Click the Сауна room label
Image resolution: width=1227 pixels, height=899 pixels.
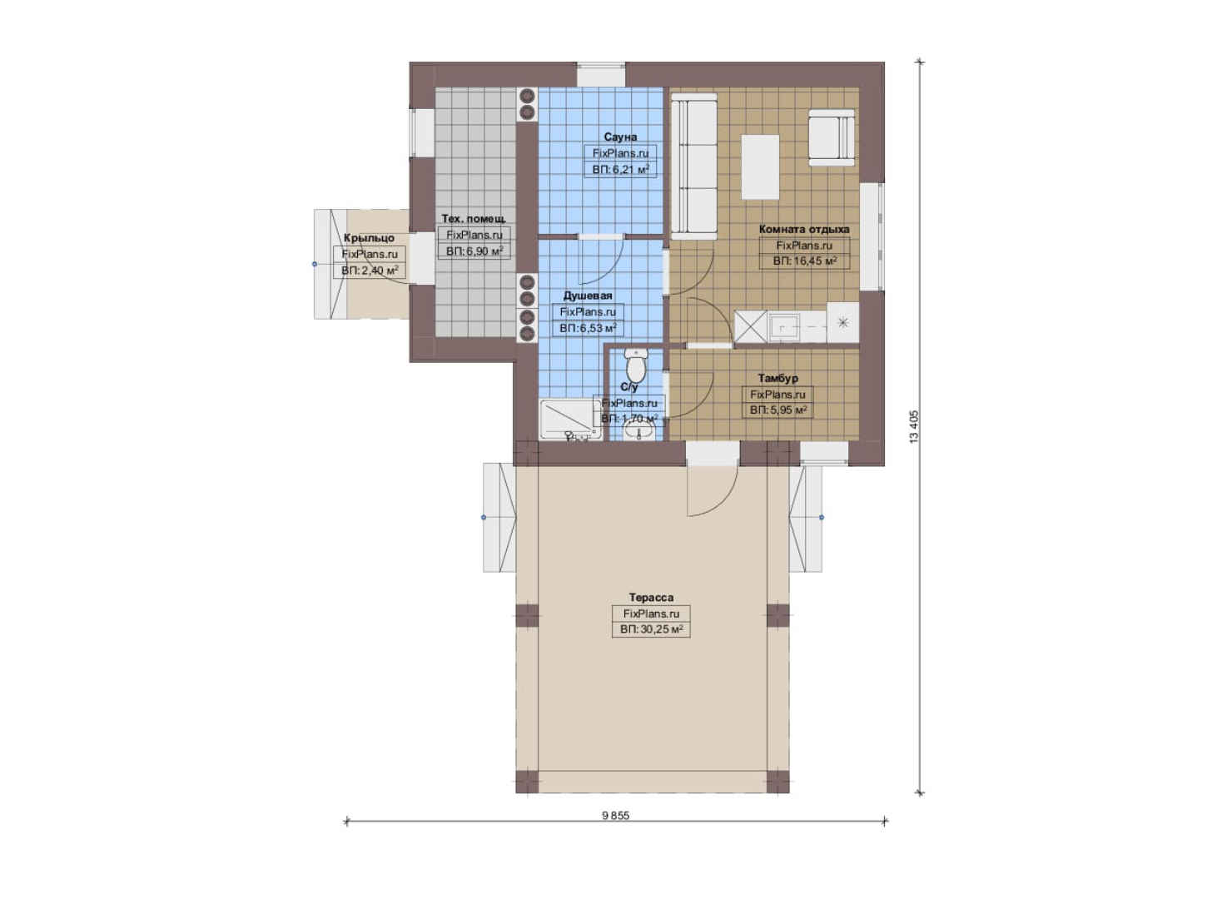click(x=620, y=137)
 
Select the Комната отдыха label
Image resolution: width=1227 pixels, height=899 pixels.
click(x=804, y=229)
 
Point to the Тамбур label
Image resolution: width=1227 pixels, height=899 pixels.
click(x=777, y=378)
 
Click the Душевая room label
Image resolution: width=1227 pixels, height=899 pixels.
click(x=588, y=296)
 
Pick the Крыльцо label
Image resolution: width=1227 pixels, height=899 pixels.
click(x=370, y=238)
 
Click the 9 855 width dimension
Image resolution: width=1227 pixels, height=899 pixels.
click(x=616, y=815)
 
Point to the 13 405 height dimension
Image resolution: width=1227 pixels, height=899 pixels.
click(x=914, y=427)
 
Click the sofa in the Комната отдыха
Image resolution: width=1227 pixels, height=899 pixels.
click(x=694, y=166)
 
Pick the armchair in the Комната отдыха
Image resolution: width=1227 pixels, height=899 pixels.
click(x=832, y=137)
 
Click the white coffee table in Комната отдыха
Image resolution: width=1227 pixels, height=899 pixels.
click(x=760, y=167)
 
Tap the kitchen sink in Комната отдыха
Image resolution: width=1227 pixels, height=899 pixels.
click(x=784, y=327)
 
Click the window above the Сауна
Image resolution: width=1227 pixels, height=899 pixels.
click(x=601, y=75)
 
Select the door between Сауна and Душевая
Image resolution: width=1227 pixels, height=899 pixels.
click(x=601, y=261)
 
